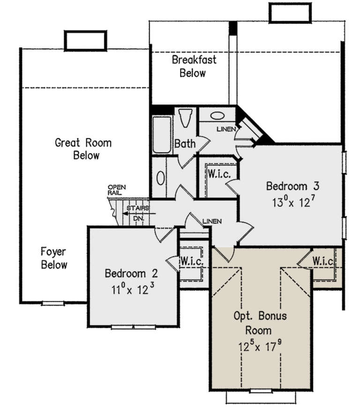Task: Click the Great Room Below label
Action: click(83, 148)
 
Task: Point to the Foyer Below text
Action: click(54, 258)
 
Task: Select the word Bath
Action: click(185, 144)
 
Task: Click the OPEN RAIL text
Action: click(117, 189)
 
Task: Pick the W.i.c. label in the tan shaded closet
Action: click(323, 261)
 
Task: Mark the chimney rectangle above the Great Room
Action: click(85, 41)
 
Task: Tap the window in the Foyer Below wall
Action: click(52, 303)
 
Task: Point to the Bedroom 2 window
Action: click(133, 326)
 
